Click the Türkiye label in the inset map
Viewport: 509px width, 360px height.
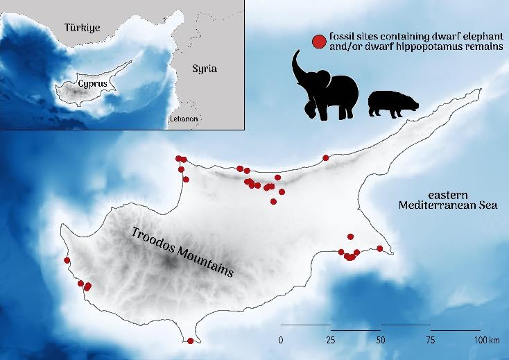(x=83, y=28)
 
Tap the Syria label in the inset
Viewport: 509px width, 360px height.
(x=205, y=69)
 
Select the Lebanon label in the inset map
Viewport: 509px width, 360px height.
(x=184, y=119)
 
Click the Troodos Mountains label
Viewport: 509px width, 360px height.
(x=182, y=252)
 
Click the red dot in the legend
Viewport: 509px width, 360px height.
(x=318, y=42)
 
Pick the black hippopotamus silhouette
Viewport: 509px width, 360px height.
(x=392, y=103)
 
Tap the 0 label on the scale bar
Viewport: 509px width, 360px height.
(x=280, y=341)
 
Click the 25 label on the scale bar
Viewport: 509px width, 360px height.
(x=331, y=341)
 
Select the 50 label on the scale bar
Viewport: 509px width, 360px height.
(x=381, y=341)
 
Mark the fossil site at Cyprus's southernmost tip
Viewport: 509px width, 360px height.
(x=191, y=341)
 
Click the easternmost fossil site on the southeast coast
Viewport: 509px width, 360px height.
(x=380, y=248)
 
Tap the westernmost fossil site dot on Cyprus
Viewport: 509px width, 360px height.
(x=67, y=261)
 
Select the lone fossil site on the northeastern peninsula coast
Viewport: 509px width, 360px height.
(x=326, y=157)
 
